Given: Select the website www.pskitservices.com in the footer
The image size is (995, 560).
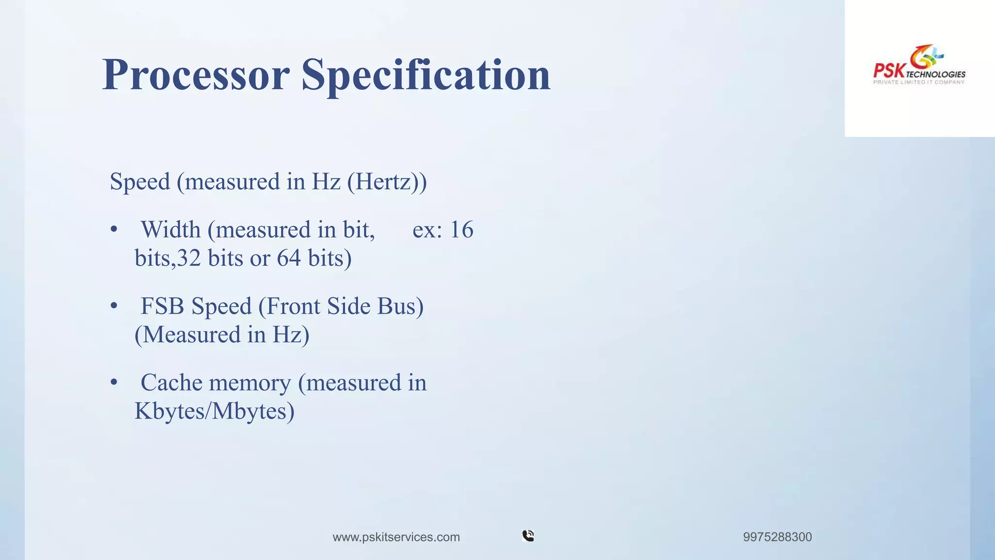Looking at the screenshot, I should (x=396, y=537).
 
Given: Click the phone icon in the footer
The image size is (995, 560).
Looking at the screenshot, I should (x=528, y=536).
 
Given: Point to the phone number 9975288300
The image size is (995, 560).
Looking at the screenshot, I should (x=777, y=537).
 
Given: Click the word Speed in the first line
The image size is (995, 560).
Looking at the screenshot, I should (x=140, y=182).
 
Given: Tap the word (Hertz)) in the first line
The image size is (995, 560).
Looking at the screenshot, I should (x=387, y=182).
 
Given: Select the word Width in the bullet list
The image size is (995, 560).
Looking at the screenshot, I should (x=171, y=229).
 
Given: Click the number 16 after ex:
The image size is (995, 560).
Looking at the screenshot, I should (x=462, y=229).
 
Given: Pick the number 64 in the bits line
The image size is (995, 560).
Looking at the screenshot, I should (x=289, y=258).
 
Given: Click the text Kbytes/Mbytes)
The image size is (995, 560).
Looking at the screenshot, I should (x=214, y=411).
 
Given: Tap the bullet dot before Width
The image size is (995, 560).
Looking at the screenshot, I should (x=114, y=229).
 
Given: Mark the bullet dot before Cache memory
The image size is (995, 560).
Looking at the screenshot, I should (x=114, y=383).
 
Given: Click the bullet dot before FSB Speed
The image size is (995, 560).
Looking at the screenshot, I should (x=114, y=306).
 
